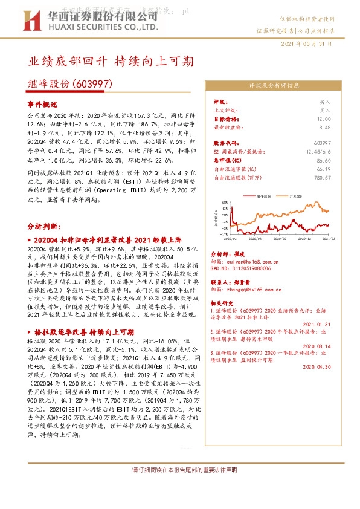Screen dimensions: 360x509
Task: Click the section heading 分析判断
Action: (x=44, y=225)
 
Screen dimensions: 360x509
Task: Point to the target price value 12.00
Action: (x=324, y=120)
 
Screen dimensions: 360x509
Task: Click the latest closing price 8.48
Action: (x=324, y=128)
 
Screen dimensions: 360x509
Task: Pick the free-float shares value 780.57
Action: (x=322, y=178)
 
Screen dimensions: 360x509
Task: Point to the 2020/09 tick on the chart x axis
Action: (x=278, y=238)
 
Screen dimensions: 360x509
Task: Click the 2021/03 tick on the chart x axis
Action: (x=329, y=238)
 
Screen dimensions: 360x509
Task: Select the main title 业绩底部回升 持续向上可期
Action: (x=111, y=62)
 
